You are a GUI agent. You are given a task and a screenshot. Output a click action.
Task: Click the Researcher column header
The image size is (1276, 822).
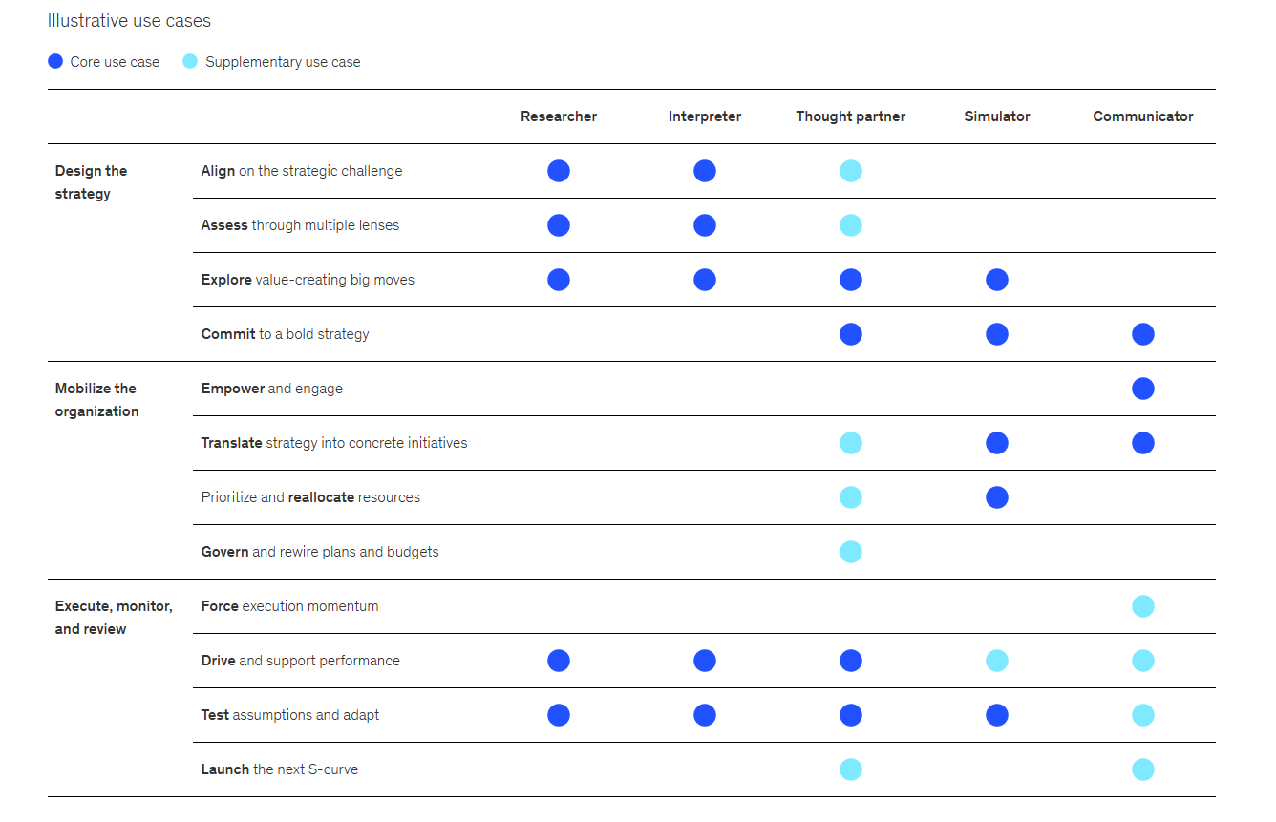[x=558, y=116]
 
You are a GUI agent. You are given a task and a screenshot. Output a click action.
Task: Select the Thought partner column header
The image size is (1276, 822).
[x=850, y=116]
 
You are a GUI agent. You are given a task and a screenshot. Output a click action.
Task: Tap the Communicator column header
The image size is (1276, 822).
[x=1142, y=116]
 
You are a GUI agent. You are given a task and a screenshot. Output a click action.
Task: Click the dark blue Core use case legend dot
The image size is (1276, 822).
[x=55, y=61]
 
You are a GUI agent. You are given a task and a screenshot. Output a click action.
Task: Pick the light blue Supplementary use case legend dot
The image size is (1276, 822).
[x=190, y=61]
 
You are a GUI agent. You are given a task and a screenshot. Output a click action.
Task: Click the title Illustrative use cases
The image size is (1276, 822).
[x=129, y=21]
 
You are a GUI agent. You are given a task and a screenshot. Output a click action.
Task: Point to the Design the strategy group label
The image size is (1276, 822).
[x=91, y=182]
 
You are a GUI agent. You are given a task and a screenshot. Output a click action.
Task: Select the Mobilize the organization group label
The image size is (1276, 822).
[x=96, y=400]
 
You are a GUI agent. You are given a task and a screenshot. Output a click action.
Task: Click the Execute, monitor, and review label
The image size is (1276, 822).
[x=114, y=617]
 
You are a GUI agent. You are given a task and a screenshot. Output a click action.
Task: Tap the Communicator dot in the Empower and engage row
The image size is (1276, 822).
[x=1142, y=389]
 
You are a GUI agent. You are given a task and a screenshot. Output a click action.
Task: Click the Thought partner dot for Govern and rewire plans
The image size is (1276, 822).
[x=850, y=552]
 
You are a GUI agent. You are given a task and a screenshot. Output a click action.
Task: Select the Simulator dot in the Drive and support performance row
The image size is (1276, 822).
[x=997, y=661]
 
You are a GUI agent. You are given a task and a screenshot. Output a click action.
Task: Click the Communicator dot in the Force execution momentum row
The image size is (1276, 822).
[x=1142, y=606]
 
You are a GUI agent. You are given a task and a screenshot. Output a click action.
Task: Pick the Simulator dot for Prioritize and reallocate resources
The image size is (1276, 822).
[x=997, y=497]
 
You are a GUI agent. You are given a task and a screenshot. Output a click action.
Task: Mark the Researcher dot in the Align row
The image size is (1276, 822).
[x=558, y=171]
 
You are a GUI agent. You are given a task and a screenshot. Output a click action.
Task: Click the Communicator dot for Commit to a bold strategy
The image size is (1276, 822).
[x=1142, y=334]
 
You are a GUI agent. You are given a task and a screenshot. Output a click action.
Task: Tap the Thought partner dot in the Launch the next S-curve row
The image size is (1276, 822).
[x=850, y=769]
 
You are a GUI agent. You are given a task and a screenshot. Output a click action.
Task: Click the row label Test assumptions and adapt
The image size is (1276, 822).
[x=290, y=715]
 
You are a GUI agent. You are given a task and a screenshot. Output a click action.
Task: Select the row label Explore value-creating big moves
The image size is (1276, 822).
[x=308, y=280]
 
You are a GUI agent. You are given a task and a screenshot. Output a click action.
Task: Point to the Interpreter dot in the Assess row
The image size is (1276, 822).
[x=705, y=225]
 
